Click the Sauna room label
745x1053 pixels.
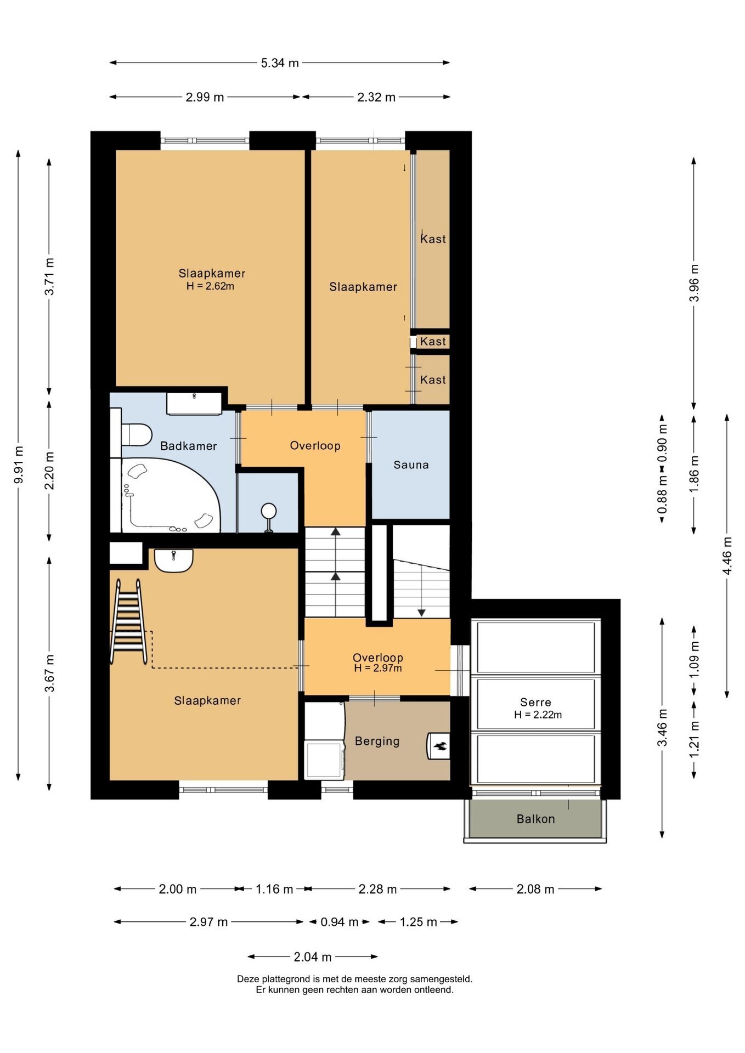coord(411,465)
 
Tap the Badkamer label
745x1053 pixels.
coord(188,446)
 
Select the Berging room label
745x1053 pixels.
coord(377,741)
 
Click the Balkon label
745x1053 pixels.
coord(535,819)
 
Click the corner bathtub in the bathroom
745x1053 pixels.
coord(170,495)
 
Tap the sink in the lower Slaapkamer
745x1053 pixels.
coord(173,561)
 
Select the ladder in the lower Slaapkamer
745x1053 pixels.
coord(129,623)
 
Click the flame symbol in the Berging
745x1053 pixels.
coord(439,746)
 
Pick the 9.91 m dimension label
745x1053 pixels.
coord(19,465)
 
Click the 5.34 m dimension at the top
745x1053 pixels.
coord(280,63)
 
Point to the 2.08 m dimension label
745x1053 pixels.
coord(535,889)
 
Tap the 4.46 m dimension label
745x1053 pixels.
coord(727,556)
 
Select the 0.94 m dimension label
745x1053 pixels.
coord(339,922)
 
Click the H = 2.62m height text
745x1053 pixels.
coord(210,286)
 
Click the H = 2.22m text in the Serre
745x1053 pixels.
coord(538,715)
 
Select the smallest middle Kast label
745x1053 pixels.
coord(433,341)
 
